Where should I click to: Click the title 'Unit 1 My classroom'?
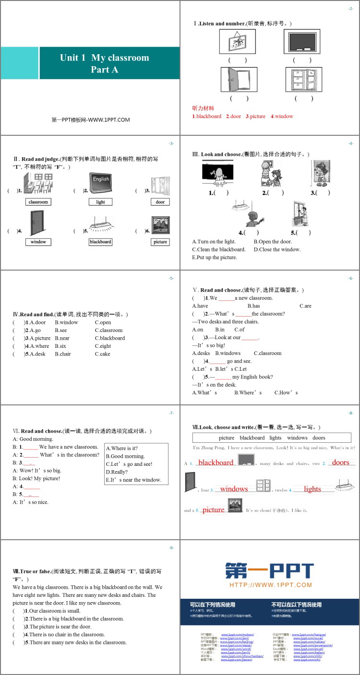point(104,58)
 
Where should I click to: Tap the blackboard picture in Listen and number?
point(301,41)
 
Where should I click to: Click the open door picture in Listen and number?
point(239,79)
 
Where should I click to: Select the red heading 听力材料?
point(203,108)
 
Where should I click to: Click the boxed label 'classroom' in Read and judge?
point(38,202)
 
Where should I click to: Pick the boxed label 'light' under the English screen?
point(100,202)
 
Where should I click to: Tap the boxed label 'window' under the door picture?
point(38,242)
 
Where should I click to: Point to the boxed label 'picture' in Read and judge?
point(160,242)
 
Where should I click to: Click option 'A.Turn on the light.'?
point(214,242)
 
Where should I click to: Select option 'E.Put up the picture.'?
point(215,257)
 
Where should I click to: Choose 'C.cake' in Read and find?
point(102,354)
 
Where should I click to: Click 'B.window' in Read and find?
point(66,322)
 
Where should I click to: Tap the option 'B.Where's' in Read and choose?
point(248,392)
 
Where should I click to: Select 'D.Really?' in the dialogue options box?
point(117,472)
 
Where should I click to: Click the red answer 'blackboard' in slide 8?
point(216,462)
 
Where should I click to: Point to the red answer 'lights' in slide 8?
point(312,489)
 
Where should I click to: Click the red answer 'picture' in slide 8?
point(213,509)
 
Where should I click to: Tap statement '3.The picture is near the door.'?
point(60,627)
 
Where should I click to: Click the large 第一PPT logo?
point(270,571)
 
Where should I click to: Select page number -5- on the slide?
point(171,278)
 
